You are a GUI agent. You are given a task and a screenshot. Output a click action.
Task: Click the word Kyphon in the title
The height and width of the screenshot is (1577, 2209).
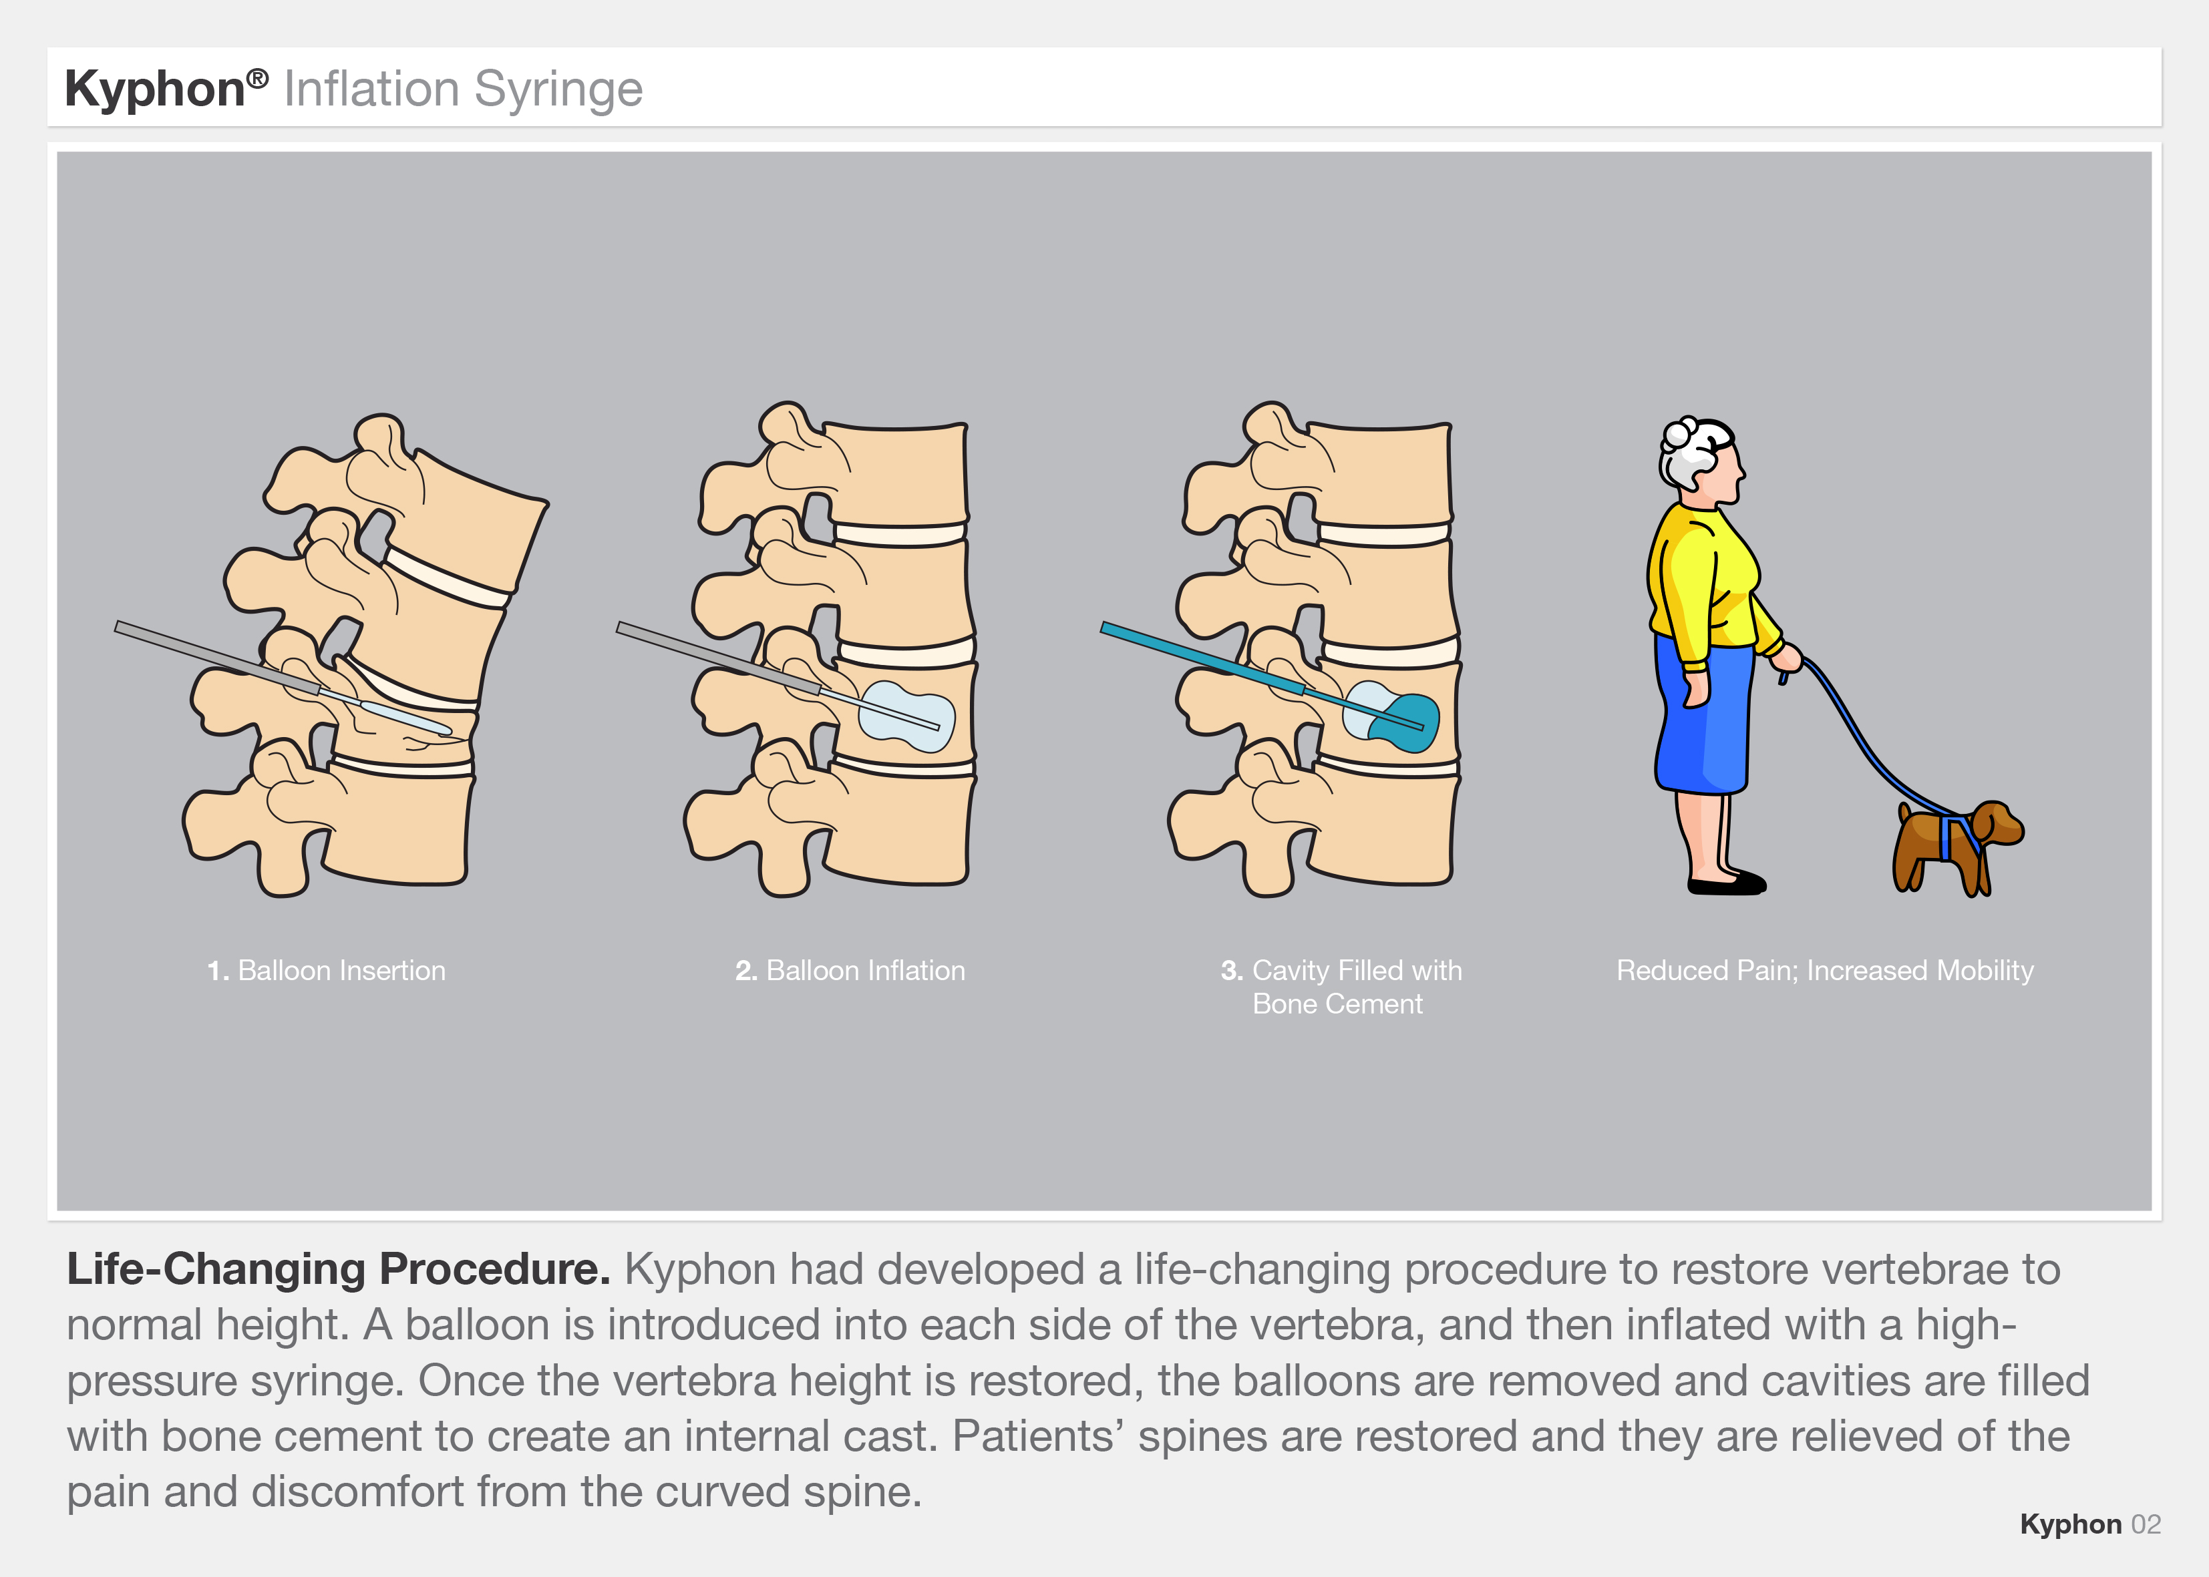[154, 89]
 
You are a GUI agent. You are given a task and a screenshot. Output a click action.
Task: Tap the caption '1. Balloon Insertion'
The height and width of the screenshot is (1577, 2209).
[327, 970]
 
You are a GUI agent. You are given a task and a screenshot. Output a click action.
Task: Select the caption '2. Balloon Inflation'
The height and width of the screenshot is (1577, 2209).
[850, 970]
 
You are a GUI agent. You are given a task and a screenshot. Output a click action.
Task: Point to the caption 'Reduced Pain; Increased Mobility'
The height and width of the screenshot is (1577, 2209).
[1824, 970]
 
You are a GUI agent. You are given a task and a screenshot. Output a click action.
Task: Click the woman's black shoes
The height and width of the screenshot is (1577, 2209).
[1727, 885]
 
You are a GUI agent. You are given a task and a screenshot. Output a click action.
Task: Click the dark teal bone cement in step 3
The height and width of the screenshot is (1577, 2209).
[1409, 724]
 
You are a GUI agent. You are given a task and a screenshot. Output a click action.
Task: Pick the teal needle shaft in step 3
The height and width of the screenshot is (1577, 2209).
[1195, 656]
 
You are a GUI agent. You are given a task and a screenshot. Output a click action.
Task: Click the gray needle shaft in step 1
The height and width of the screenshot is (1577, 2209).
[214, 656]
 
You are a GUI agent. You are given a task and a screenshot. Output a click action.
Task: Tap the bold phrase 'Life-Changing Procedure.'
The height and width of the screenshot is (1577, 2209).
[338, 1270]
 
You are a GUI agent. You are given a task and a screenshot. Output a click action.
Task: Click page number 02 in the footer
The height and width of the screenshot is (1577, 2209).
[2146, 1524]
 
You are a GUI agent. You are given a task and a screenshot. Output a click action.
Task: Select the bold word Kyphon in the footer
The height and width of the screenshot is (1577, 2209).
[2070, 1524]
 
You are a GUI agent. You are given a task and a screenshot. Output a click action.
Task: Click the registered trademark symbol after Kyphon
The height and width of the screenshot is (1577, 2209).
[257, 77]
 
